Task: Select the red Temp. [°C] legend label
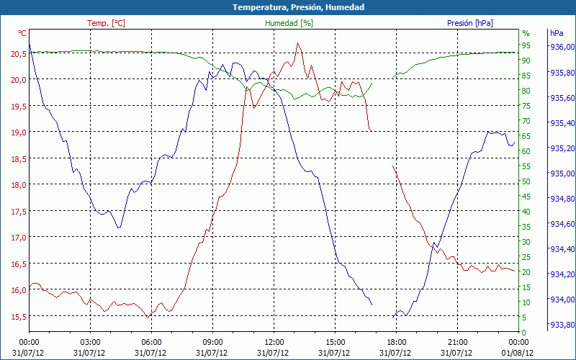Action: click(106, 23)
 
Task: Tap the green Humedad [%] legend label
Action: click(289, 23)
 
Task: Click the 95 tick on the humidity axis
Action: click(526, 45)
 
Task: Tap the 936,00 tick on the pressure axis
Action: click(562, 48)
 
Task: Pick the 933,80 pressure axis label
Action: click(562, 324)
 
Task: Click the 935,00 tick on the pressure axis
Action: click(562, 174)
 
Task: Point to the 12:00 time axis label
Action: click(274, 342)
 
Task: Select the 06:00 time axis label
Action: click(151, 342)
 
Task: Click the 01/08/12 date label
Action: click(518, 353)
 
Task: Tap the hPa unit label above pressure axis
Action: click(556, 33)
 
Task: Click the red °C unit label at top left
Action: click(22, 33)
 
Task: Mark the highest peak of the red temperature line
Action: click(297, 43)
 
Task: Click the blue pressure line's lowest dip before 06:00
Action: click(119, 228)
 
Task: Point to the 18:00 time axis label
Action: click(396, 342)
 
